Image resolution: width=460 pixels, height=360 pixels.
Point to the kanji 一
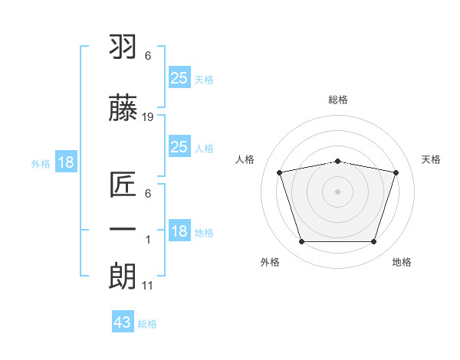tap(123, 230)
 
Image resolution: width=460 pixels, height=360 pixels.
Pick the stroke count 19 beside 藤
tap(148, 116)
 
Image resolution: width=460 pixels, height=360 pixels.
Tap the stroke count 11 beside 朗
tap(148, 286)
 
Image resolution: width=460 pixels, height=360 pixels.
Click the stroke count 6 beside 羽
tap(148, 56)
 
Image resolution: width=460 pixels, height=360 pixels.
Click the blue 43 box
tap(123, 322)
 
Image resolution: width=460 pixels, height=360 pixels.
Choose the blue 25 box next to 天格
tap(179, 77)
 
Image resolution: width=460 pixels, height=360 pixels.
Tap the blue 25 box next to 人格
tap(179, 147)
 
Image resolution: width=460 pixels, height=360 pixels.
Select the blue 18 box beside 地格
tap(179, 231)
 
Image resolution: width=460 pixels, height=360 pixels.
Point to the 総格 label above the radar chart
tap(338, 100)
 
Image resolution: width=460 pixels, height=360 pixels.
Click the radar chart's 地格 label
tap(402, 262)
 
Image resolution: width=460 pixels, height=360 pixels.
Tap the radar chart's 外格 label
tap(270, 262)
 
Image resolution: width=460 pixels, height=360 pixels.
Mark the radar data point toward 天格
tap(396, 172)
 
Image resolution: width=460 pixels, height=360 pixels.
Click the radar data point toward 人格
tap(280, 172)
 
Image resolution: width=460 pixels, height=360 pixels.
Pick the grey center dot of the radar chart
tap(338, 191)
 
